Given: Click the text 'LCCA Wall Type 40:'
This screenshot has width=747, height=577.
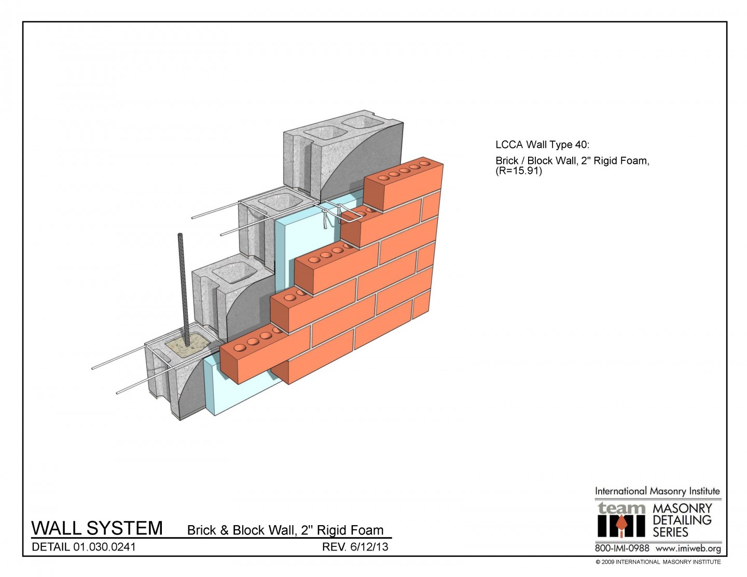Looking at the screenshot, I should tap(542, 145).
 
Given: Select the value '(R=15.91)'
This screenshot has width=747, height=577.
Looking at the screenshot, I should tap(518, 171).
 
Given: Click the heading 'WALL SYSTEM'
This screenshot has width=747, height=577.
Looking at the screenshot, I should tap(97, 528).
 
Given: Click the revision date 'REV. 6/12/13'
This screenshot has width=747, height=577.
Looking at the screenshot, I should tap(355, 546).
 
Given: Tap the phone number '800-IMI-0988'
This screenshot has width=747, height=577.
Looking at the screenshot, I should tap(621, 548).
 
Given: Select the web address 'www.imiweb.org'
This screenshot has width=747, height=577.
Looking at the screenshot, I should tap(688, 548).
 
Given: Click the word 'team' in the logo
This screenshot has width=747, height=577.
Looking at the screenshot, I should tap(621, 508).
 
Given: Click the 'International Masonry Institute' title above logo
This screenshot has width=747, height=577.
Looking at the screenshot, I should tap(657, 491).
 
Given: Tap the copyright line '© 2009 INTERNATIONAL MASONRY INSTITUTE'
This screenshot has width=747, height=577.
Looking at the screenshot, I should tap(658, 562).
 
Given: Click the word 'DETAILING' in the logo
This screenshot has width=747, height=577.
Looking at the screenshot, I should tap(682, 520).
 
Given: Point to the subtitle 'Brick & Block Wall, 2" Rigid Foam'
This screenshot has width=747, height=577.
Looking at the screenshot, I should tap(285, 530).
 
